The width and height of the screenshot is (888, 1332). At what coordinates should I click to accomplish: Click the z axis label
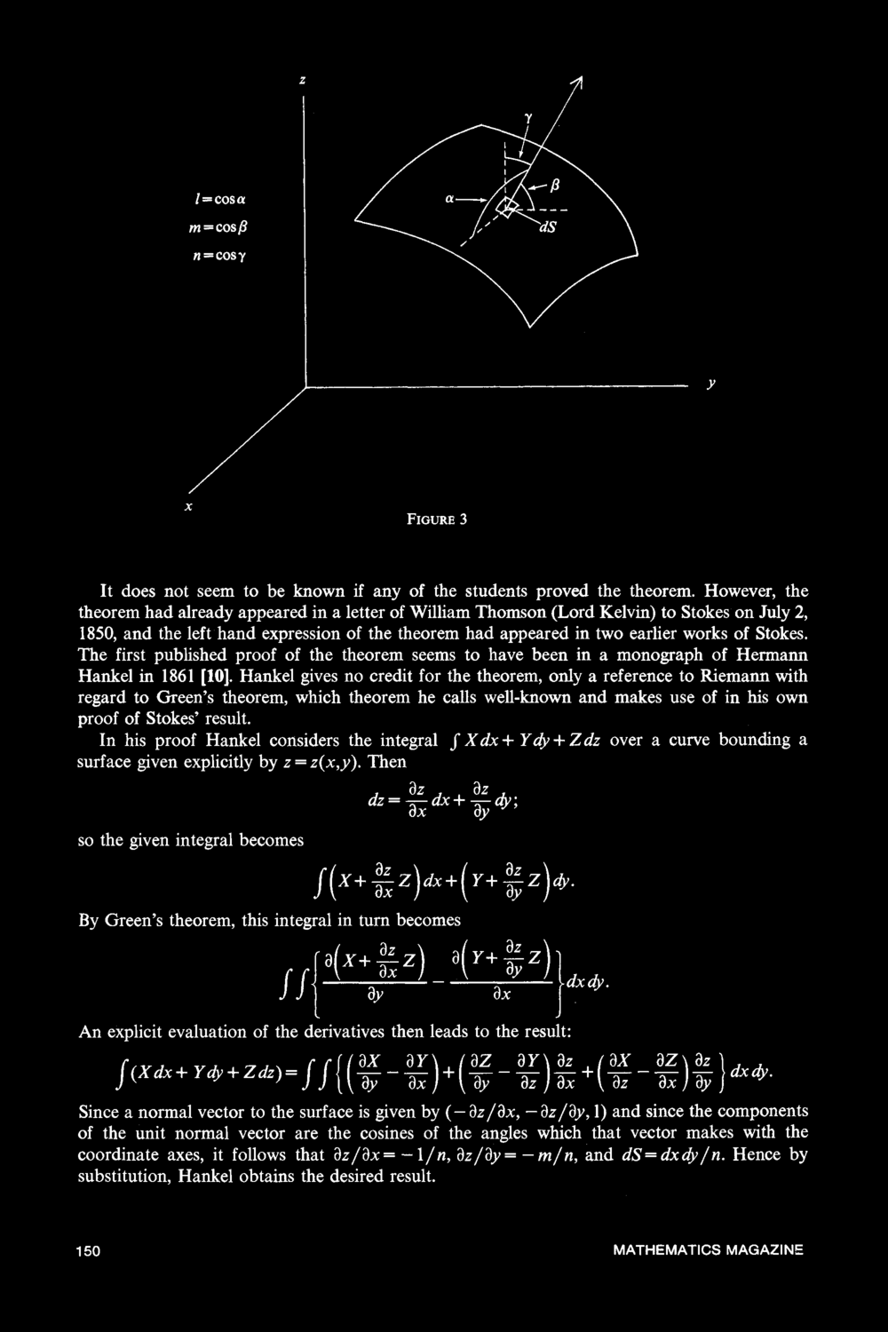point(303,81)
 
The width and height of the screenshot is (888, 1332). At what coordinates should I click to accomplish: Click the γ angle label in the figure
point(527,117)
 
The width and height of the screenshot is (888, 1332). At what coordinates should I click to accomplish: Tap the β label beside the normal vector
point(556,186)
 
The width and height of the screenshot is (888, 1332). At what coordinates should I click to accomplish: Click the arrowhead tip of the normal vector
point(582,81)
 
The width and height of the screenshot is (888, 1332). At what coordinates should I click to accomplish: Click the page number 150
point(88,1250)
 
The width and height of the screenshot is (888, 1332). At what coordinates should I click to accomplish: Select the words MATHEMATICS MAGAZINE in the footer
point(708,1250)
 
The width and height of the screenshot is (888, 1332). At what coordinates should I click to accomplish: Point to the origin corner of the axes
point(304,386)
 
